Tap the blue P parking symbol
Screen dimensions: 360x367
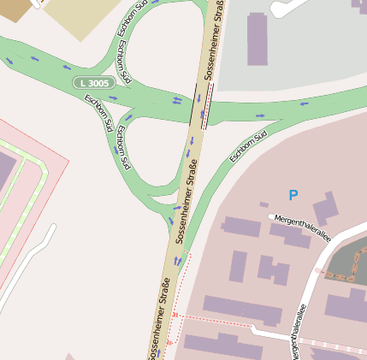293,195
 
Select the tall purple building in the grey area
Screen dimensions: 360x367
257,38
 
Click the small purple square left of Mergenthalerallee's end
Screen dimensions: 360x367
263,204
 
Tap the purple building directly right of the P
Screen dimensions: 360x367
324,209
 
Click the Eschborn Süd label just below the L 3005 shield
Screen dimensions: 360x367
98,112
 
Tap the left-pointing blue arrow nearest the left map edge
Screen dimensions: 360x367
10,60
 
